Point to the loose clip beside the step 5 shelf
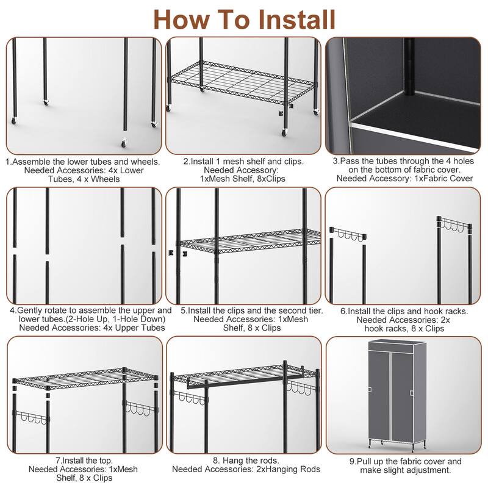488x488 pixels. (173, 251)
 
